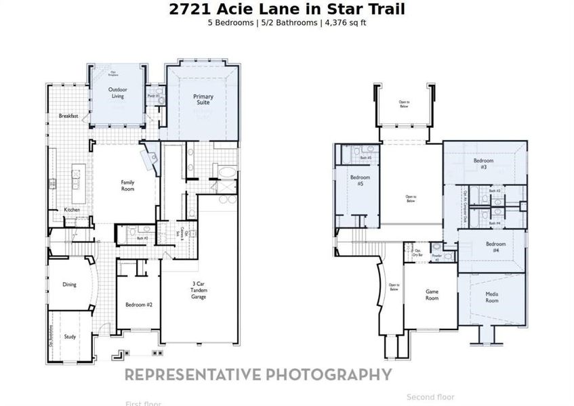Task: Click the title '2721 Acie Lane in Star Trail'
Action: click(287, 9)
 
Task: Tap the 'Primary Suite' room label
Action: click(203, 99)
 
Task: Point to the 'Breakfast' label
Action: click(68, 116)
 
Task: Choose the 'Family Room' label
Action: click(127, 185)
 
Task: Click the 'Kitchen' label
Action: click(73, 210)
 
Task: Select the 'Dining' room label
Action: click(69, 285)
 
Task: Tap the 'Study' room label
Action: click(70, 336)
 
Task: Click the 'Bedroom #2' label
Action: click(139, 305)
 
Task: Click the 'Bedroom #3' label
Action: click(483, 164)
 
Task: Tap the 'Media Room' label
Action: click(491, 297)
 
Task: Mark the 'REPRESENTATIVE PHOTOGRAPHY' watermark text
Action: click(258, 374)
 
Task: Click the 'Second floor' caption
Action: click(430, 397)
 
